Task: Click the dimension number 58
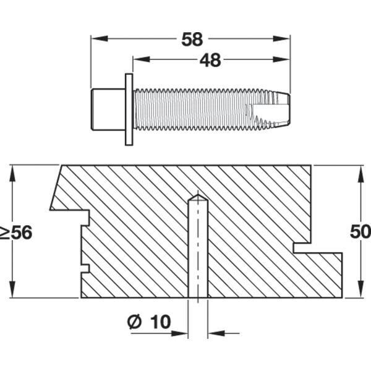tap(192, 40)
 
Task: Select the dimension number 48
tap(210, 60)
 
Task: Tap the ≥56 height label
tap(15, 233)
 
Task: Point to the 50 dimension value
tap(360, 232)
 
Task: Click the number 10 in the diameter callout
tap(160, 322)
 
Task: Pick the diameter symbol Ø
tap(134, 322)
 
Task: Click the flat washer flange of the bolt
tap(129, 109)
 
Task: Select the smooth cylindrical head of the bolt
tap(108, 109)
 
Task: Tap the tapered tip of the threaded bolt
tap(279, 109)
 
